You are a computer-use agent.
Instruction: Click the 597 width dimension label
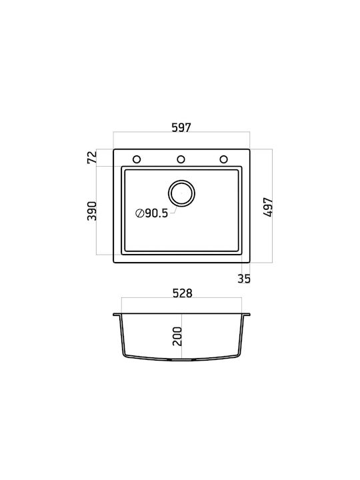[x=181, y=127]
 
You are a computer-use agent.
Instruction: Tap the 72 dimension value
[x=92, y=157]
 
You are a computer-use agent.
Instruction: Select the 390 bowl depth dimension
[x=92, y=211]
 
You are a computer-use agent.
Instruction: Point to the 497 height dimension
[x=268, y=207]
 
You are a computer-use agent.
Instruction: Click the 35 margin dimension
[x=244, y=279]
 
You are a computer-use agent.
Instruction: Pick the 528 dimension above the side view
[x=183, y=293]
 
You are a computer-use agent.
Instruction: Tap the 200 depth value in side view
[x=177, y=337]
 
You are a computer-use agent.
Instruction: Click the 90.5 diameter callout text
[x=157, y=213]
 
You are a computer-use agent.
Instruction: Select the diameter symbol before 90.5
[x=139, y=213]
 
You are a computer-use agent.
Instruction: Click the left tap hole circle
[x=137, y=156]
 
